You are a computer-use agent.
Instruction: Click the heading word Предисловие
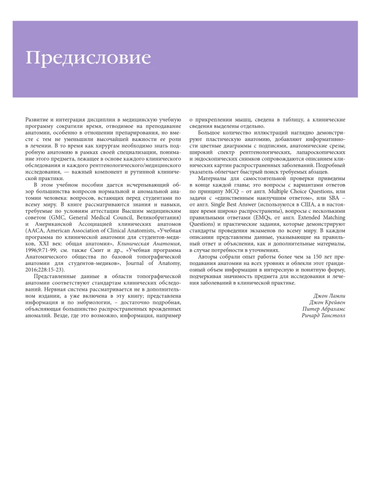point(88,58)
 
